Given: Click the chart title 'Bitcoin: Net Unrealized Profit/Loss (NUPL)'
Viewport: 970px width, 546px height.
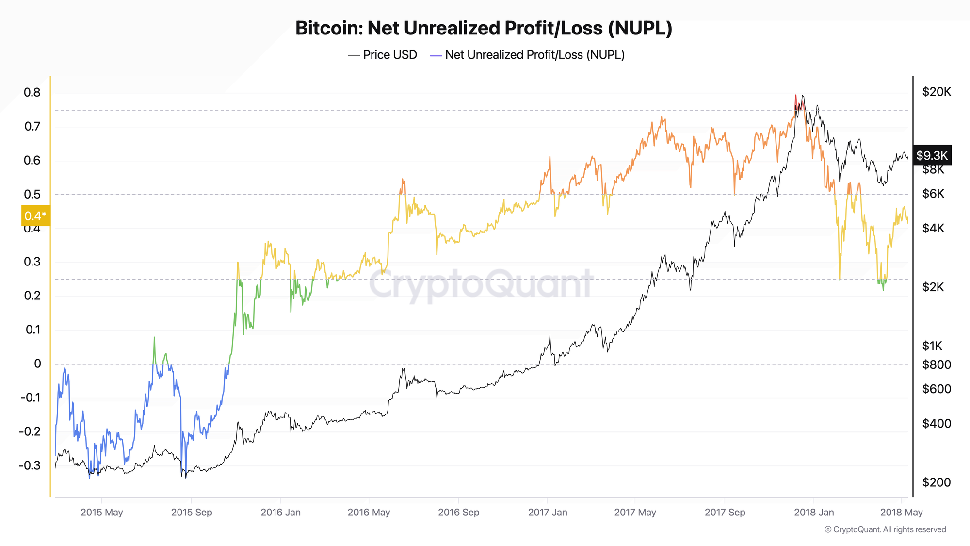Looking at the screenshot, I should tap(484, 28).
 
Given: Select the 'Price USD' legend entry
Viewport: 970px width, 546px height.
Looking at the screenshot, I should tap(383, 55).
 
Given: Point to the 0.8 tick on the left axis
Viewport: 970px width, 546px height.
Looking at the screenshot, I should tap(32, 92).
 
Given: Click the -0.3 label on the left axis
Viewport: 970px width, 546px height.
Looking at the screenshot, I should tap(30, 465).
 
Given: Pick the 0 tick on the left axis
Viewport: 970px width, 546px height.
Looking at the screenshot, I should tap(37, 364).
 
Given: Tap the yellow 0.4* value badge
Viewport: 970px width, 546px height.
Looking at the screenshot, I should tap(35, 216).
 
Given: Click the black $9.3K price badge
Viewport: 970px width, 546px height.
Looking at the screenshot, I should tap(932, 155).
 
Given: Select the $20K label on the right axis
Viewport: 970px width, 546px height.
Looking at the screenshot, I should tap(937, 92).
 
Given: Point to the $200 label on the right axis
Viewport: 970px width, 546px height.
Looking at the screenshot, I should tap(936, 482).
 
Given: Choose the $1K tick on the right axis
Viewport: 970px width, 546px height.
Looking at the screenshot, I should tap(932, 346).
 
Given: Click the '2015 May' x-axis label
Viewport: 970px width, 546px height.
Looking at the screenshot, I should tap(102, 512).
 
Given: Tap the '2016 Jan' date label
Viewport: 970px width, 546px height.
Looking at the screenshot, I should tap(280, 512).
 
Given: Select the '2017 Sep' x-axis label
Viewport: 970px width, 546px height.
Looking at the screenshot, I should tap(725, 512).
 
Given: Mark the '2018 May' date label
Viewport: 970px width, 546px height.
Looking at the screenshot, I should tap(901, 512).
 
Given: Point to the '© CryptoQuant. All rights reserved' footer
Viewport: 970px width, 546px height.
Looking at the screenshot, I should tap(885, 529).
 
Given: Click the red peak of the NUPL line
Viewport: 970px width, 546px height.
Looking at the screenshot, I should tap(795, 97).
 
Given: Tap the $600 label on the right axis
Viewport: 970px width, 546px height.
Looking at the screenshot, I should tap(936, 389).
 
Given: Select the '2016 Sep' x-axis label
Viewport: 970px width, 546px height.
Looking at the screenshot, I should tap(458, 512).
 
